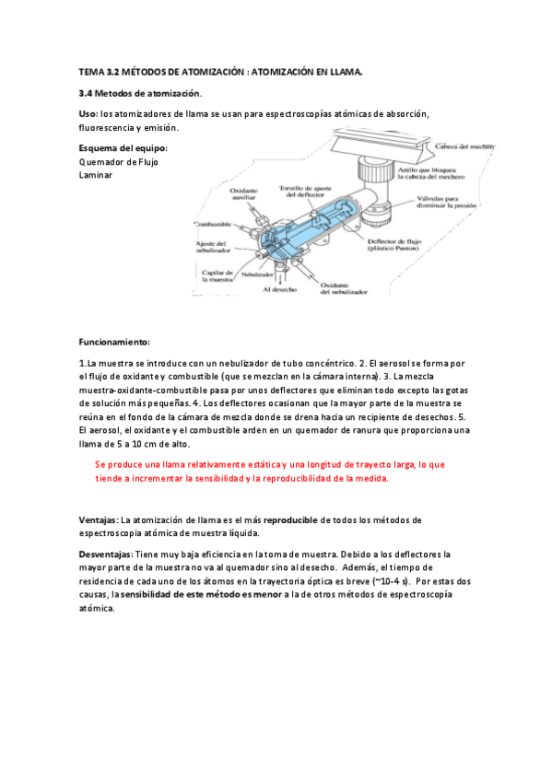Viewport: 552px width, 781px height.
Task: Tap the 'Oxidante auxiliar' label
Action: pyautogui.click(x=243, y=195)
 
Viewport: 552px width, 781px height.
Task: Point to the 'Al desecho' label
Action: pyautogui.click(x=277, y=289)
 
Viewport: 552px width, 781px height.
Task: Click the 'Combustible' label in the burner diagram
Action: pyautogui.click(x=212, y=224)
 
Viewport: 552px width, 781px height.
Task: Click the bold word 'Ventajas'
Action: pyautogui.click(x=99, y=520)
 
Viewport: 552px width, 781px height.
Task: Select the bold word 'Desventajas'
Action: pyautogui.click(x=106, y=554)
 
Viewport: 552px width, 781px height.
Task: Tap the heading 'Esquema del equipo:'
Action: pyautogui.click(x=123, y=147)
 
